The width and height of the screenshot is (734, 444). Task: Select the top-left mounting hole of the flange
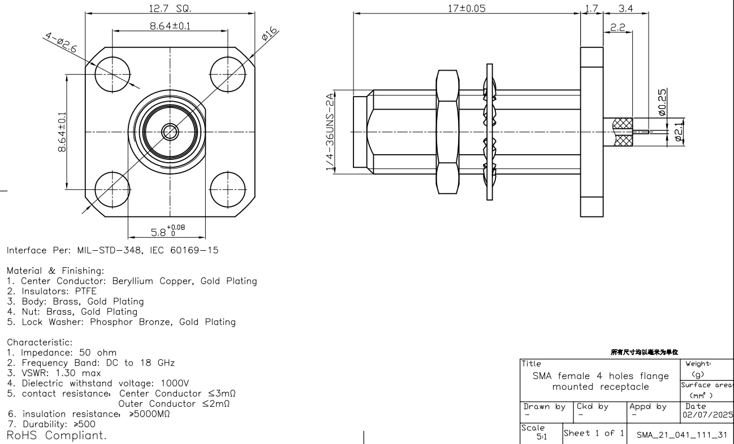click(x=112, y=74)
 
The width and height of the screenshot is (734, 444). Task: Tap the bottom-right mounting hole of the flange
click(x=227, y=189)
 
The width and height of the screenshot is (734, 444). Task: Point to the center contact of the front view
click(x=169, y=132)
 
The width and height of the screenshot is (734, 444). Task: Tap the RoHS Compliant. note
click(x=56, y=436)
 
